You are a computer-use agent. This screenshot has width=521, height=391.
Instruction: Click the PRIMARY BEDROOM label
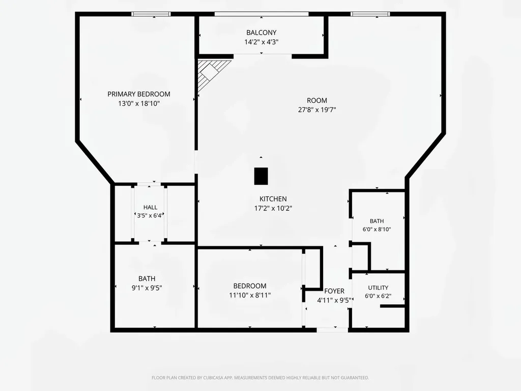(139, 94)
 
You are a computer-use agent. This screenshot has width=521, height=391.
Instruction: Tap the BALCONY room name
(261, 33)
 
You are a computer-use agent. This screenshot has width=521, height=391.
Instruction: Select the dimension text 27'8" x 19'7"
(317, 110)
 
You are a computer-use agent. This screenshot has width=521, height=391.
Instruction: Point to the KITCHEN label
(273, 199)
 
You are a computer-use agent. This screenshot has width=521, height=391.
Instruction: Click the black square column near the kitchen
(261, 176)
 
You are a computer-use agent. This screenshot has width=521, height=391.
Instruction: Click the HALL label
(150, 207)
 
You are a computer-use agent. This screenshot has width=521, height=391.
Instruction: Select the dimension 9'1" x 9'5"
(147, 288)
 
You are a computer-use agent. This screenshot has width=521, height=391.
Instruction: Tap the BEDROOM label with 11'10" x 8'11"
(250, 286)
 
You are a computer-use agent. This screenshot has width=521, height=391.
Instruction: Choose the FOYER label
(334, 291)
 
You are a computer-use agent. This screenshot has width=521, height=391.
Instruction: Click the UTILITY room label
(378, 288)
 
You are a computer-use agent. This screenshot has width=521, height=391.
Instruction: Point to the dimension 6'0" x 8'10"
(377, 230)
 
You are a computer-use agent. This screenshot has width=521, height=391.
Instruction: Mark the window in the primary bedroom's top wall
(151, 14)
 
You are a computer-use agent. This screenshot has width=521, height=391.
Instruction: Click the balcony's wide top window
(262, 14)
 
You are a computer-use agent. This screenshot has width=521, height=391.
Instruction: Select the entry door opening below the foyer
(332, 330)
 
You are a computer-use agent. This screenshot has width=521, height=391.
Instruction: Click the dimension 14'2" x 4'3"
(262, 42)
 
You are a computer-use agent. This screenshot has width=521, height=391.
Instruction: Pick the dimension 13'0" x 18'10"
(139, 103)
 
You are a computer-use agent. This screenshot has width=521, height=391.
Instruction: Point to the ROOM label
(317, 100)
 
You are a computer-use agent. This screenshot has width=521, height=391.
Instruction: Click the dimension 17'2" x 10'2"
(273, 208)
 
